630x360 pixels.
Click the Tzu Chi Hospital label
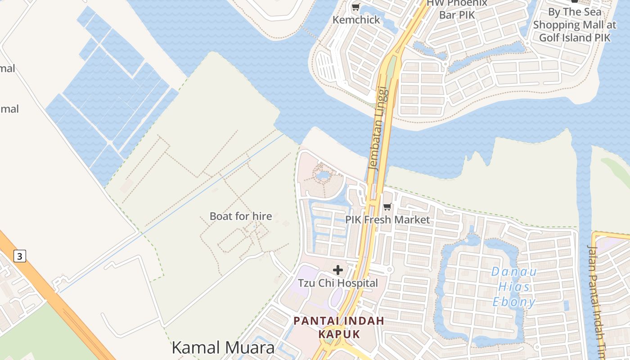(338, 283)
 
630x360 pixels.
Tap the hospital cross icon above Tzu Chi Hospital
(338, 270)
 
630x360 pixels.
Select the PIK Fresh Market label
(387, 220)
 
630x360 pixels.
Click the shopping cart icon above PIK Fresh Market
(387, 207)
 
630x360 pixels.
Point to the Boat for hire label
(241, 216)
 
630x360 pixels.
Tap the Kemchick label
(356, 20)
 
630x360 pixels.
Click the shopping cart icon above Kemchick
(356, 7)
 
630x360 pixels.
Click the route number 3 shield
(19, 256)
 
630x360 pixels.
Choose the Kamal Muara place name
(223, 347)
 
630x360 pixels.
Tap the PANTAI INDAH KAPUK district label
(339, 327)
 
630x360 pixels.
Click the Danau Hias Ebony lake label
(514, 287)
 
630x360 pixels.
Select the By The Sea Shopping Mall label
(575, 25)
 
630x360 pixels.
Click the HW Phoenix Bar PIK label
(457, 9)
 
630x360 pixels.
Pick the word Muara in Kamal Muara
(249, 347)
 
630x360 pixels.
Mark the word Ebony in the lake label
(514, 301)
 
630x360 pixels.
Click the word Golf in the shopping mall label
(549, 37)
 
